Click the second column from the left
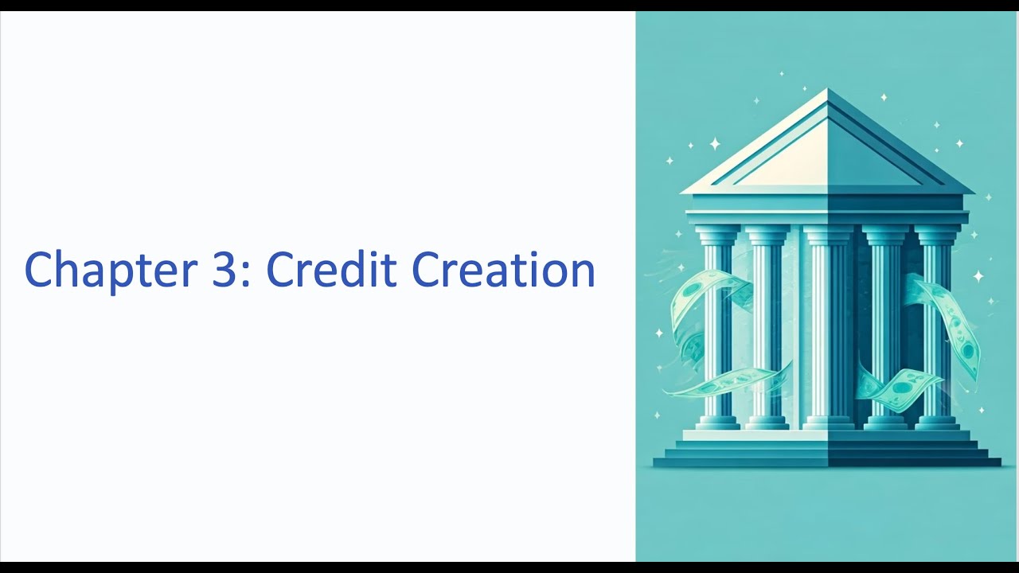pos(767,326)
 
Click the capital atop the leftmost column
pos(717,234)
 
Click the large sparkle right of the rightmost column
pos(978,276)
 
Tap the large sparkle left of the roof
pos(714,143)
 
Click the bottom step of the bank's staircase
pos(827,462)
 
